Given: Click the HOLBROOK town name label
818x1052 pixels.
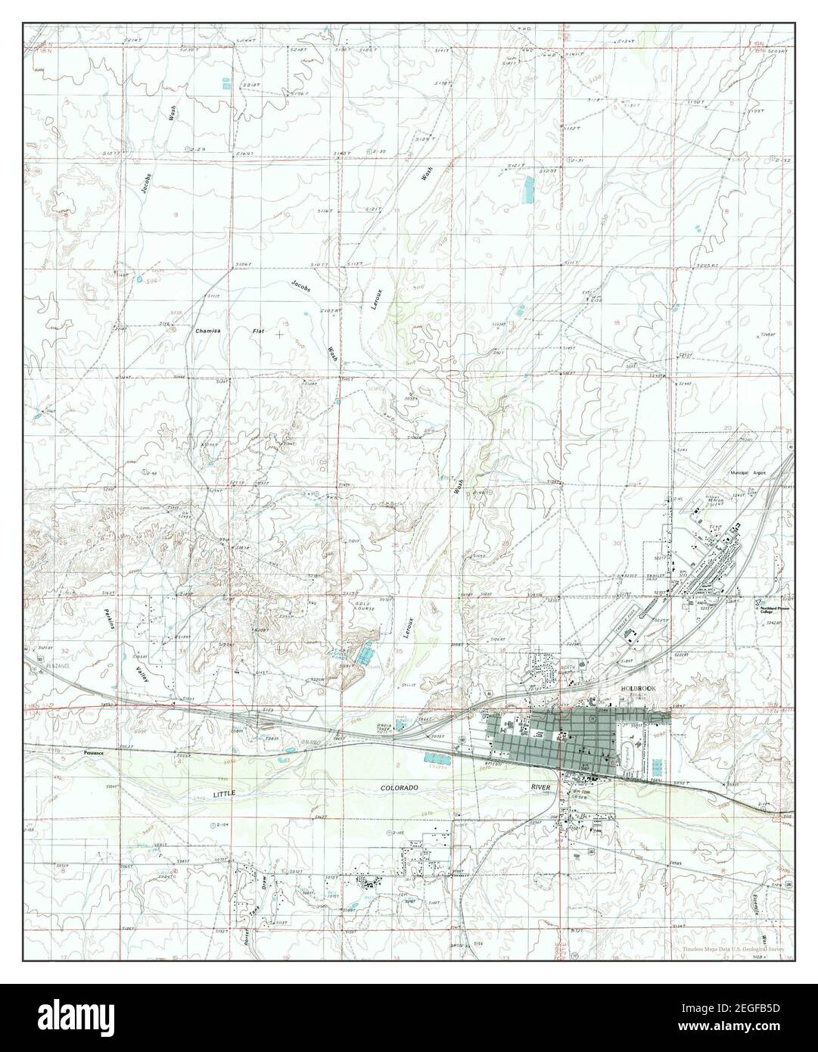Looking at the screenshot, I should [x=634, y=688].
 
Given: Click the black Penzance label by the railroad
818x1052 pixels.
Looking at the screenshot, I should [x=95, y=754].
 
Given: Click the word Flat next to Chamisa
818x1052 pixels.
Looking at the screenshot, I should [x=259, y=331].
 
